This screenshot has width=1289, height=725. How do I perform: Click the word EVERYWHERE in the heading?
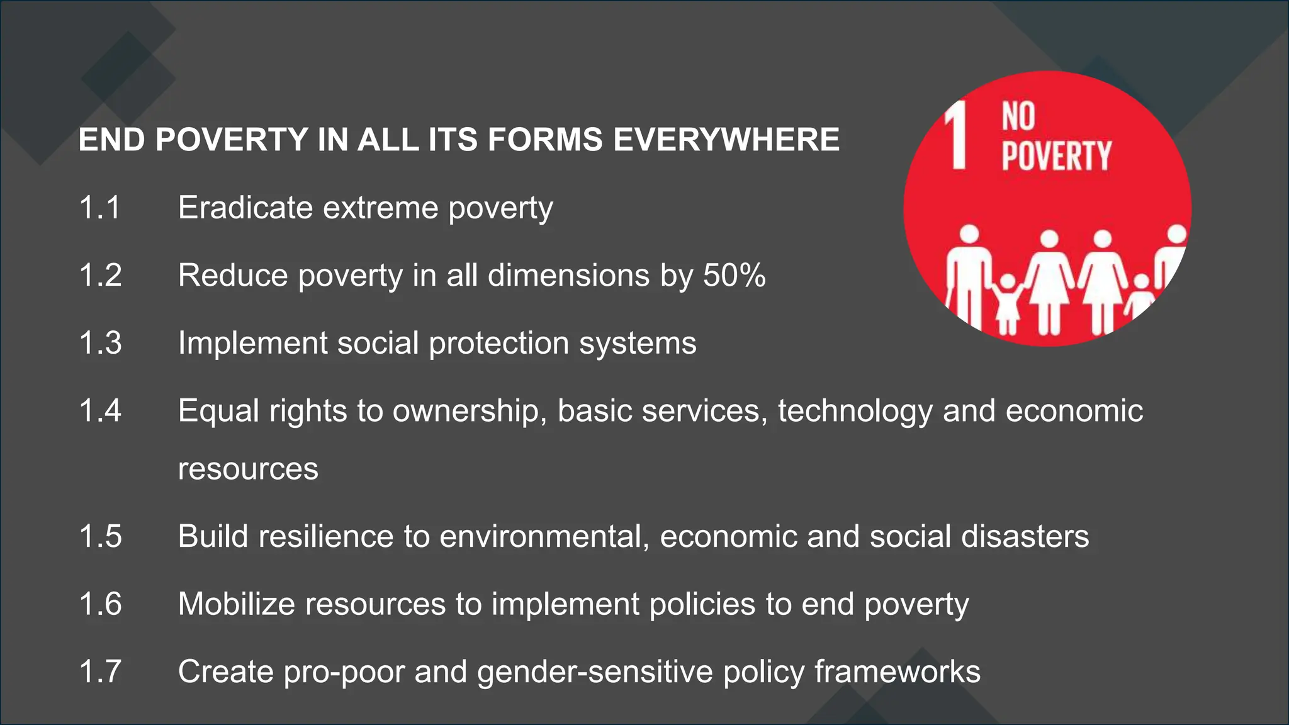tap(726, 140)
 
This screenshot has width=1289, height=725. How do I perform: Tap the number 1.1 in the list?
tap(99, 208)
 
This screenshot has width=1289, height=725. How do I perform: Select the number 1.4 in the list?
tap(100, 410)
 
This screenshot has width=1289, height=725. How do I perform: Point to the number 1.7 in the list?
tap(100, 671)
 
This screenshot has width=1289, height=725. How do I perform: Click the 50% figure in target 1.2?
tap(734, 275)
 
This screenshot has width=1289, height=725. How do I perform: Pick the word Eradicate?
tap(245, 208)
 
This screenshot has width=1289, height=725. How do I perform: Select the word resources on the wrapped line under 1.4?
tap(248, 469)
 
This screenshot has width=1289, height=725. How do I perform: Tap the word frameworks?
tap(898, 672)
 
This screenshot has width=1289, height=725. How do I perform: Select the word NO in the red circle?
tap(1018, 116)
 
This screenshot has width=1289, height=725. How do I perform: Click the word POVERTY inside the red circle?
tap(1056, 155)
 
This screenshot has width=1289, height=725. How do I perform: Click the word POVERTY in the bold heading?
tap(232, 140)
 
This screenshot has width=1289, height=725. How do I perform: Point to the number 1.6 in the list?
tap(100, 604)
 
